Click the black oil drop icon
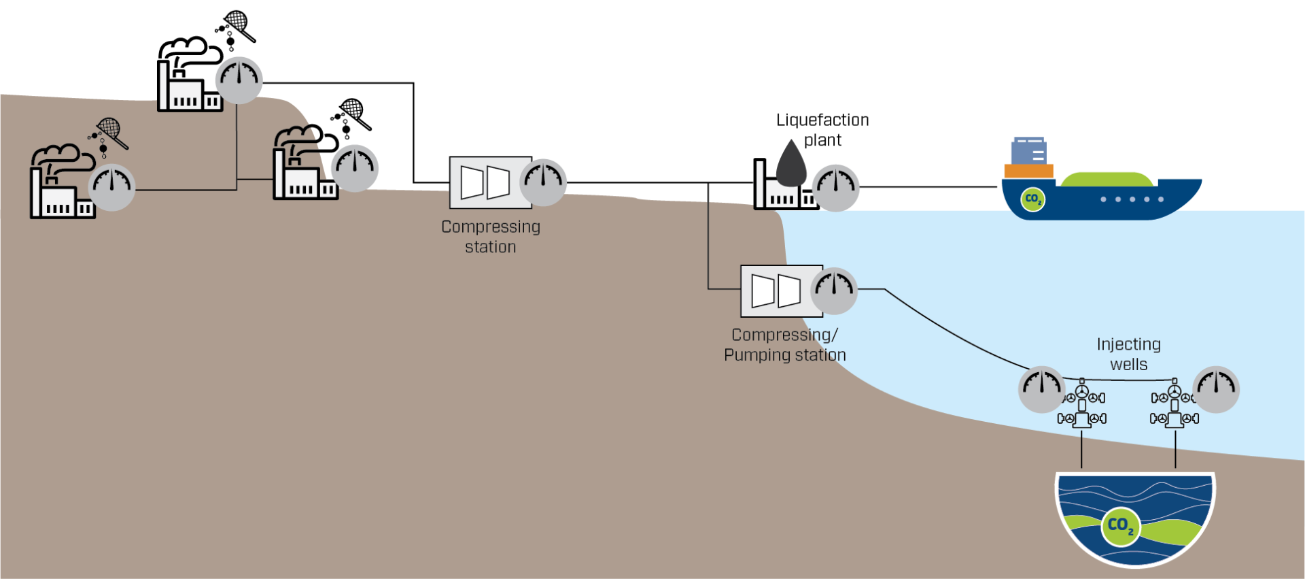coord(791,165)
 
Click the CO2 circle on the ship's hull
coord(1032,199)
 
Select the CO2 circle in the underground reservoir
coord(1119,525)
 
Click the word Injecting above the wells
coord(1128,344)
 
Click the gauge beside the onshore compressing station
coord(543,182)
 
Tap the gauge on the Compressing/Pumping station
coord(834,291)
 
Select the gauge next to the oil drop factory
coord(836,187)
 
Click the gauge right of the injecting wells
coord(1216,389)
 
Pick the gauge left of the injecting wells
coord(1041,389)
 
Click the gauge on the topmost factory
coord(239,80)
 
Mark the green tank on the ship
coord(1107,180)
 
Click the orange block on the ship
coord(1028,171)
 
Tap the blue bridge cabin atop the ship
coord(1028,150)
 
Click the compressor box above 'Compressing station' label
coord(485,182)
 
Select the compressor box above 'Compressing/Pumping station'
coord(776,291)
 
